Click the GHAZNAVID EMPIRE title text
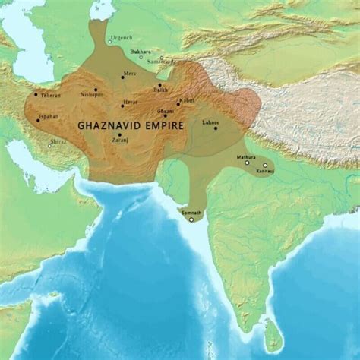coord(130,123)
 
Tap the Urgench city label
coord(122,37)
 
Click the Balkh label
coord(163,90)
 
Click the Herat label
coord(130,101)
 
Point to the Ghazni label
coord(166,111)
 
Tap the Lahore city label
coord(210,122)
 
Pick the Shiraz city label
coord(58,141)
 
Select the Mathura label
coord(245,156)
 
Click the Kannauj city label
coord(265,171)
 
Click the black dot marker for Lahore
coord(216,128)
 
